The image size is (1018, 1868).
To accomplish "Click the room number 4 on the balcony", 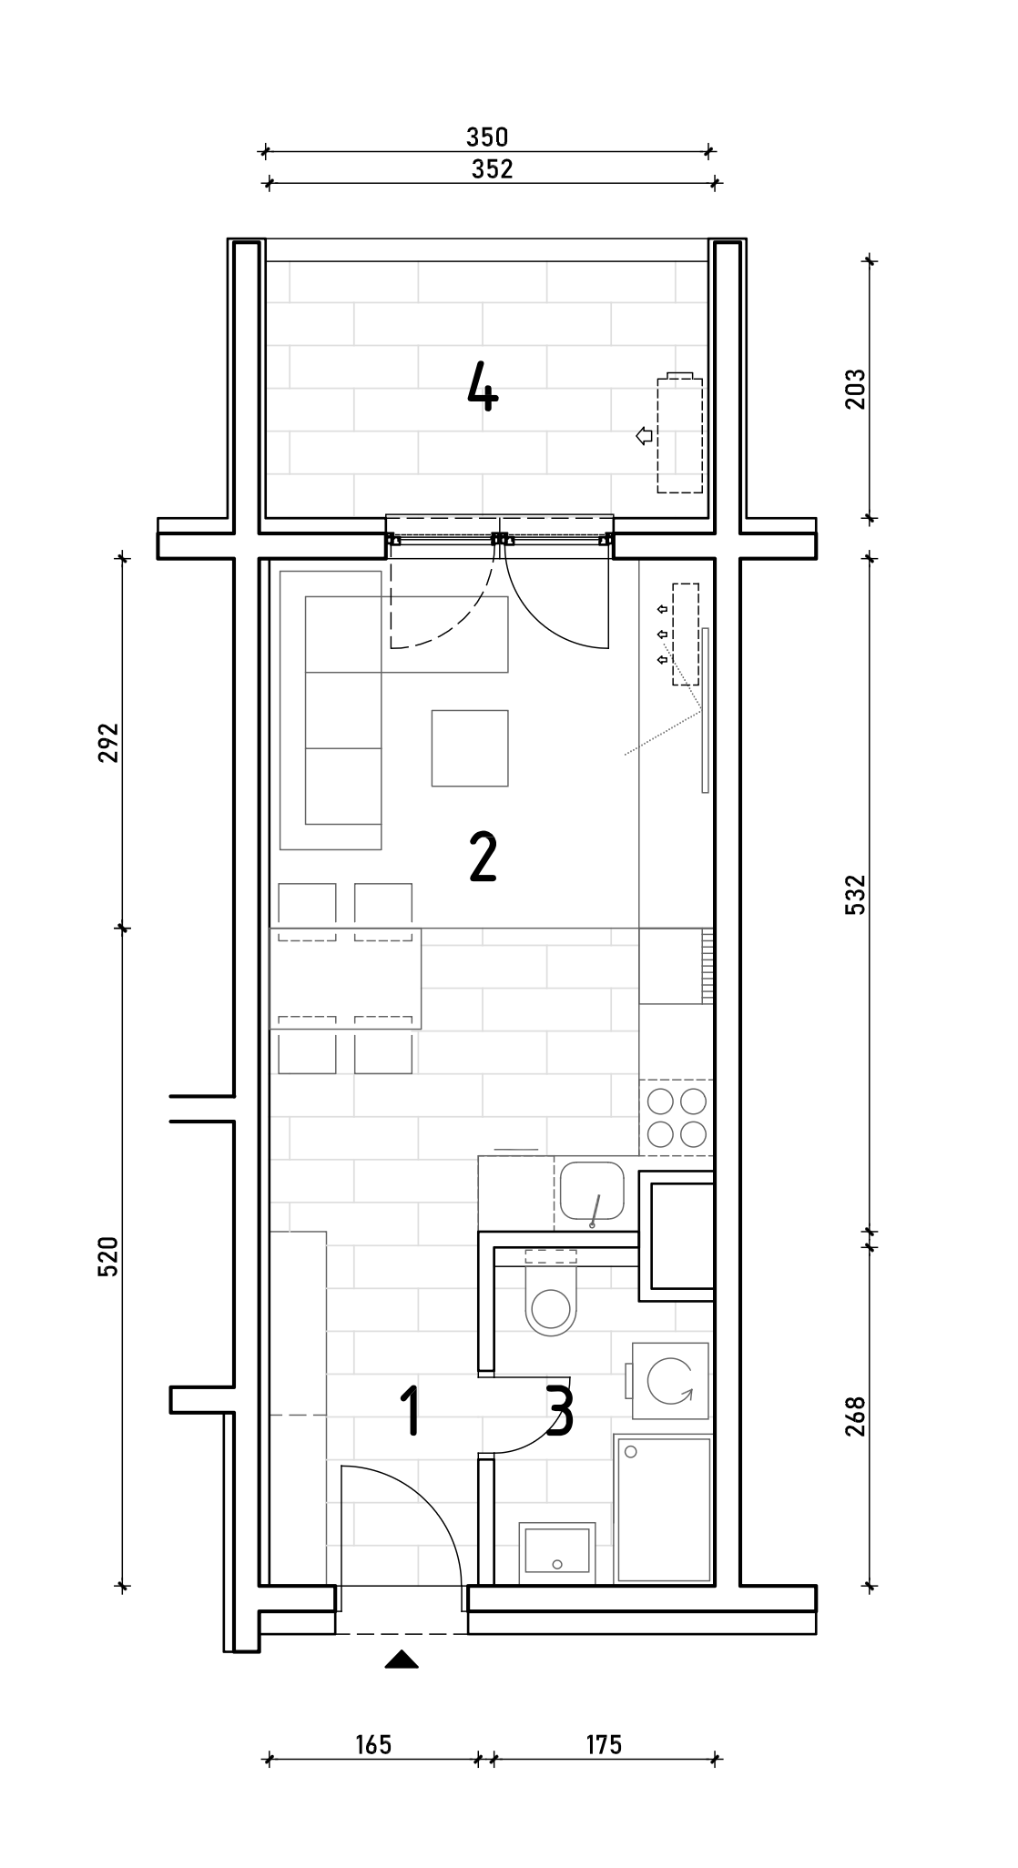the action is pos(483,385).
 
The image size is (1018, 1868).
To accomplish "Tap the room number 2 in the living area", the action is pos(483,858).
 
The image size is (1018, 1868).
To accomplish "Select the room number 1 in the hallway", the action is pos(412,1411).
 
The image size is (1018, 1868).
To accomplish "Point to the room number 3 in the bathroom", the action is pos(560,1411).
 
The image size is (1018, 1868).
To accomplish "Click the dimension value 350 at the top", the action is pos(487,137).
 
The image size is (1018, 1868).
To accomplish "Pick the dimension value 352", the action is pos(492,169).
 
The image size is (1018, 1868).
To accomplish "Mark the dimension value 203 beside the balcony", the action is pos(856,389).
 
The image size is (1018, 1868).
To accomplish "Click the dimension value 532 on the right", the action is pos(856,894).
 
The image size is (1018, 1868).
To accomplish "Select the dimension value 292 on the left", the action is pos(108,744).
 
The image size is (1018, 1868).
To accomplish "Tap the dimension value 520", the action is pos(108,1256).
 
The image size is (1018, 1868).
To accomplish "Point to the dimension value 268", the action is pos(856,1416).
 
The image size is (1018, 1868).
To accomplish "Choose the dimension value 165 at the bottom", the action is pos(373,1744).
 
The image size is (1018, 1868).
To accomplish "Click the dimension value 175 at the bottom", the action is pos(604,1744).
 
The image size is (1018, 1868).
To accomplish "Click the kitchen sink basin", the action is pos(592,1192).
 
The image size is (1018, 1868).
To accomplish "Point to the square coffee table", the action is pos(470,747).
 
